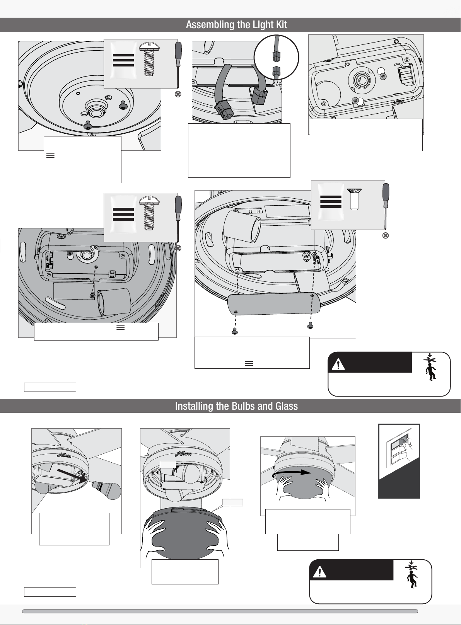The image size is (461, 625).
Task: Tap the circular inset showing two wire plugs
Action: pos(277,57)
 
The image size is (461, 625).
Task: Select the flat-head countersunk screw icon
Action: pos(354,199)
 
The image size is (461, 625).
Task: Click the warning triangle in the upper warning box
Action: pos(338,364)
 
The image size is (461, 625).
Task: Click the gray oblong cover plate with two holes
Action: pos(274,304)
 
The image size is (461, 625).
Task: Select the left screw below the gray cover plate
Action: pos(234,331)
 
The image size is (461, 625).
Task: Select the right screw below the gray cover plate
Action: pos(310,325)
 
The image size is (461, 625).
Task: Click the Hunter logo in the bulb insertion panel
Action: pos(64,455)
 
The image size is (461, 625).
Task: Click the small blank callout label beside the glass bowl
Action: pos(232,502)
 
